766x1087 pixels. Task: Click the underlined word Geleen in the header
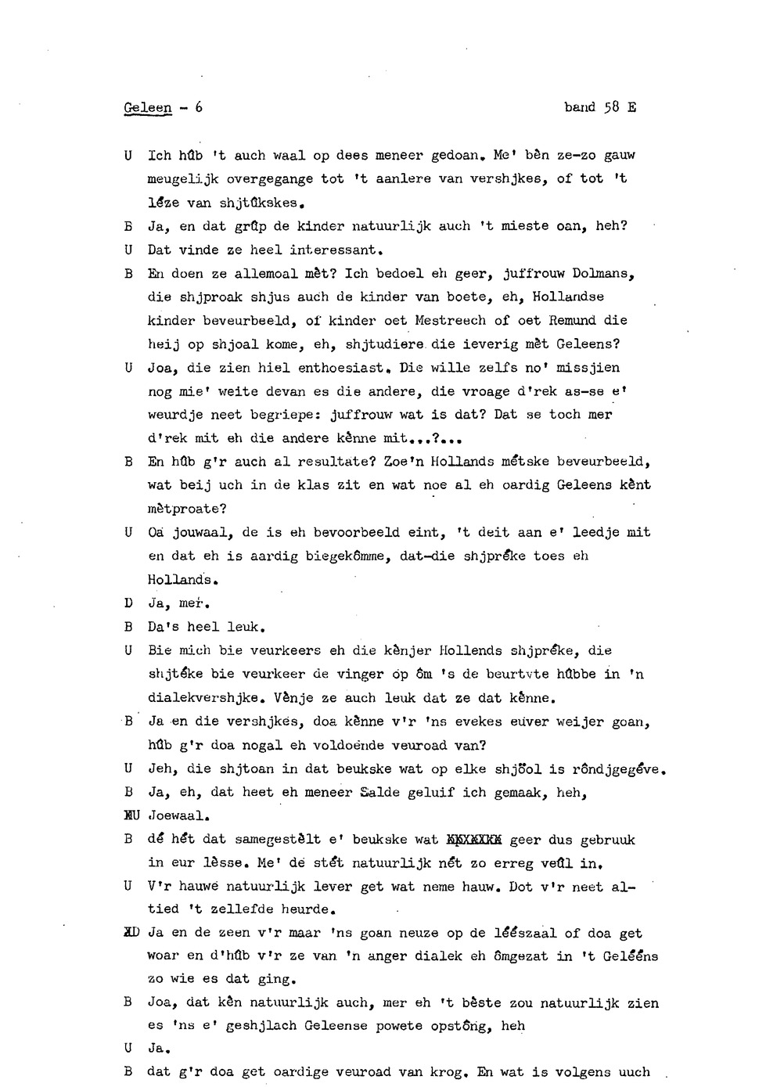(x=147, y=107)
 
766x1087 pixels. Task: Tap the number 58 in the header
(x=612, y=107)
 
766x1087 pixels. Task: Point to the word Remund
(x=576, y=320)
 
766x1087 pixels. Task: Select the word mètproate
(x=187, y=509)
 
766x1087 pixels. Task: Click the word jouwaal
(x=200, y=533)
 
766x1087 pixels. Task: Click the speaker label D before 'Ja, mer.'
(x=128, y=603)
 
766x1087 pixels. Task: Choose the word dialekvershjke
(x=203, y=698)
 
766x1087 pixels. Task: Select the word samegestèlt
(x=278, y=840)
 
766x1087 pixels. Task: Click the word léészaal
(x=524, y=934)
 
